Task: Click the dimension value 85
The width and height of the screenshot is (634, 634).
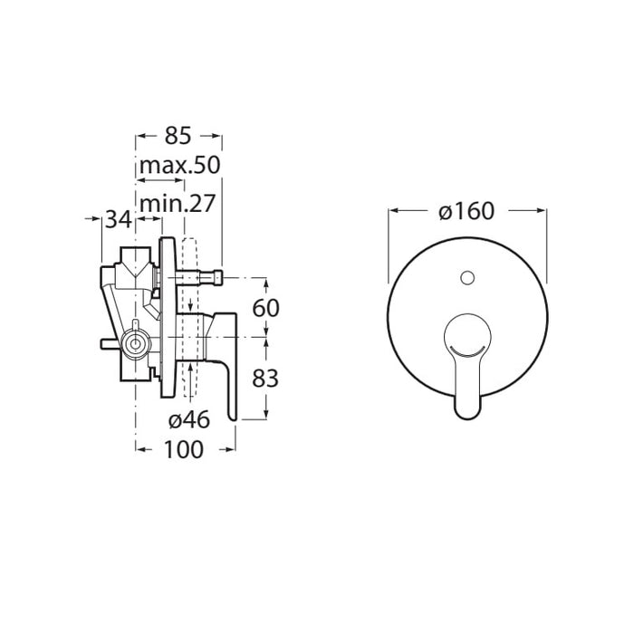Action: tap(178, 136)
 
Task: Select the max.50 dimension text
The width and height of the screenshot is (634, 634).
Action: tap(180, 165)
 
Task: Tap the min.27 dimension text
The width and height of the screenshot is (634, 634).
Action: tap(177, 204)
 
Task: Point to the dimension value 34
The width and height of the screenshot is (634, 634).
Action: tap(119, 220)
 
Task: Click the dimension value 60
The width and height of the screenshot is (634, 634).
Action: tap(265, 308)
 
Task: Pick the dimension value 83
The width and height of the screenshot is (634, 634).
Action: tap(265, 379)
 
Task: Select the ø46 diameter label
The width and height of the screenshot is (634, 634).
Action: tap(189, 419)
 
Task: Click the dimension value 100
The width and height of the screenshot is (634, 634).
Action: tap(183, 449)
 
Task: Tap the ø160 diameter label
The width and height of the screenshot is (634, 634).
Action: tap(466, 211)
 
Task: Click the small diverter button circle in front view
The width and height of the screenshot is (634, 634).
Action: tap(467, 278)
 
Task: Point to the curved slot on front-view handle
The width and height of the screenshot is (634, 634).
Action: tap(467, 350)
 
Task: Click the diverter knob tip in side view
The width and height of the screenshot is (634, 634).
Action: tap(218, 278)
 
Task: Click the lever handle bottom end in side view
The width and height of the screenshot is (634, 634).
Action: tap(232, 418)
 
